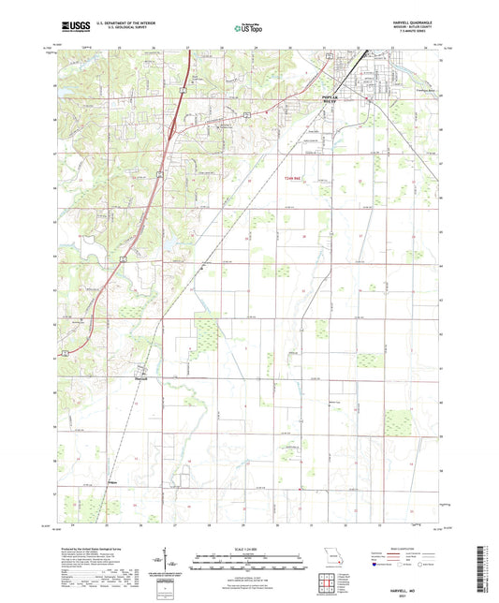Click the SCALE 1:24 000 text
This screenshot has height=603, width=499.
(249, 549)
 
